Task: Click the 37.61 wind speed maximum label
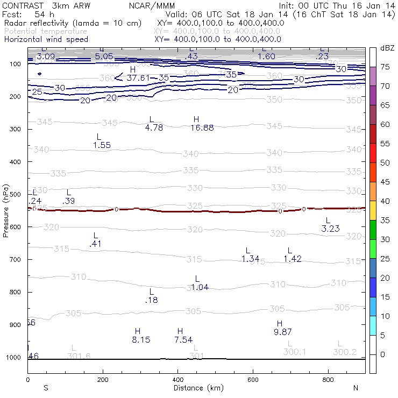click(139, 78)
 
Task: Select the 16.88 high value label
click(202, 128)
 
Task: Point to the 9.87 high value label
click(283, 332)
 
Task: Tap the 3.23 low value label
click(331, 229)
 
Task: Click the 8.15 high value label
click(141, 340)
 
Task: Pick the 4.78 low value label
click(154, 128)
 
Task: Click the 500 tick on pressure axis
click(15, 194)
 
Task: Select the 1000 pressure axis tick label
click(13, 358)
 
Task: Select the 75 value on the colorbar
click(386, 67)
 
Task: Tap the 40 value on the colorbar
click(386, 201)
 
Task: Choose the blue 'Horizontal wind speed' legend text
click(46, 39)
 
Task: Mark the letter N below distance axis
click(356, 388)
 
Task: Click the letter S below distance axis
click(46, 388)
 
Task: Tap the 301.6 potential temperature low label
click(79, 356)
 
